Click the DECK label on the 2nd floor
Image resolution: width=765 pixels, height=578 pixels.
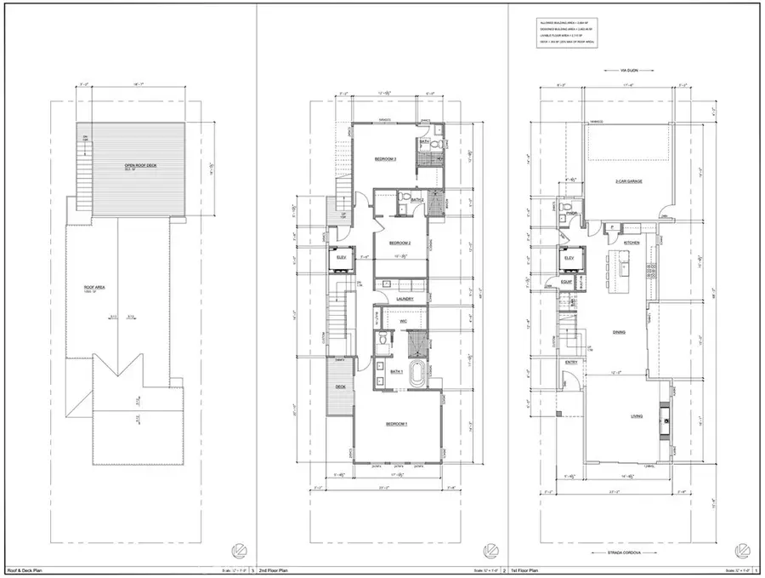340,386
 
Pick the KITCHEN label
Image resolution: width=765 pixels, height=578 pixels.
632,243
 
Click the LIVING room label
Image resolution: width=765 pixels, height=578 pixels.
636,416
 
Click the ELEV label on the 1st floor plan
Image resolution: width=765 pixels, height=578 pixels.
569,257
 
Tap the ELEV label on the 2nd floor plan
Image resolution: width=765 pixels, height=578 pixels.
341,257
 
